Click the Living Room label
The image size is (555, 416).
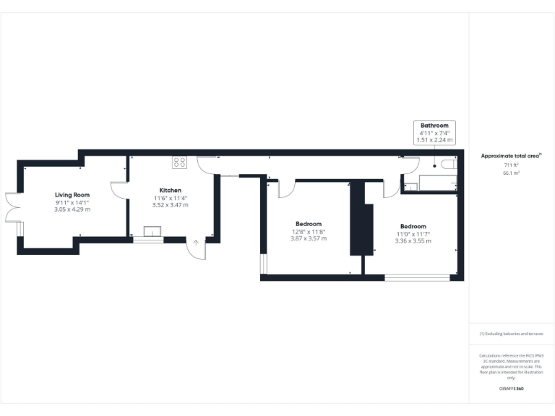tap(72, 195)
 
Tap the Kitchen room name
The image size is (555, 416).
tap(171, 191)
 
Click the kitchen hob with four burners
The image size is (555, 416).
tap(178, 162)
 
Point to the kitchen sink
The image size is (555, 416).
tap(152, 232)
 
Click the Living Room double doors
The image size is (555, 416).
tap(10, 207)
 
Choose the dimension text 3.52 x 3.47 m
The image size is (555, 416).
tap(171, 205)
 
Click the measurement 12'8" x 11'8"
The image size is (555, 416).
tap(309, 231)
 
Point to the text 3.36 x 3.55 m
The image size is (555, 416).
tap(413, 241)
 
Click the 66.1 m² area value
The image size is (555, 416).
tap(512, 173)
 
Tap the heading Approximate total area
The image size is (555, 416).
tap(511, 156)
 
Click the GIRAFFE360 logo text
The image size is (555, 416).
tap(512, 389)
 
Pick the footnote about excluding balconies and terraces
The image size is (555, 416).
tap(511, 334)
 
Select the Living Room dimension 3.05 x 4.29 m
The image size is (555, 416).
tap(72, 209)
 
